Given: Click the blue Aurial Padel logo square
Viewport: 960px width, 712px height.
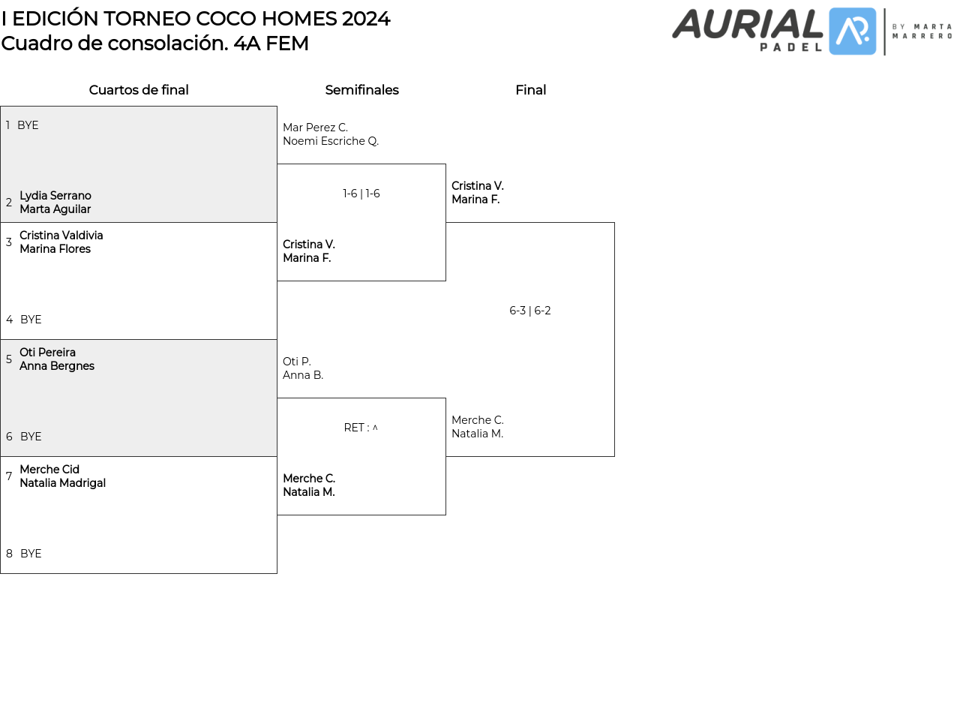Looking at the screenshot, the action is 852,32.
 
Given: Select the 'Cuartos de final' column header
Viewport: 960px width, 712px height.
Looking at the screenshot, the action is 139,89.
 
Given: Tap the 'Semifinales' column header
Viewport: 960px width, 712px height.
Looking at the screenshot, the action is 361,89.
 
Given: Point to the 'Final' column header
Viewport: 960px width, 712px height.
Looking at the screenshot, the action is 530,89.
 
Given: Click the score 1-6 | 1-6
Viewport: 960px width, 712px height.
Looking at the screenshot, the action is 361,194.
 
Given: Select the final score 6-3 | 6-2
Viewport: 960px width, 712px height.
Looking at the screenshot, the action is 529,311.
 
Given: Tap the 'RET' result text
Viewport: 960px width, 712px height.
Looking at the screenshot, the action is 353,428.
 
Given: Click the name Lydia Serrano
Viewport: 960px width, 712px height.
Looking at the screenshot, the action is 55,196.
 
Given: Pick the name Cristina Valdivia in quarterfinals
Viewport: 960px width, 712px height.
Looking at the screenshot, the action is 61,235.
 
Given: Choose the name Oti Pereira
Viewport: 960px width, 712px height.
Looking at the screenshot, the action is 47,352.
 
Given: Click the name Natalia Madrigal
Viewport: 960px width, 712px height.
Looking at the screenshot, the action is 62,483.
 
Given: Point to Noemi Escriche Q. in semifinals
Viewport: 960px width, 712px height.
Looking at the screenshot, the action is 331,141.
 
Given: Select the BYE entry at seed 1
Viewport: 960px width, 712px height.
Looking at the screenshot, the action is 28,125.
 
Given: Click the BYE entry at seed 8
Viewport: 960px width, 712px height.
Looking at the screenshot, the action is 31,554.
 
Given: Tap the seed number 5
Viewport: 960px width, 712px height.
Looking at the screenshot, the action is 9,359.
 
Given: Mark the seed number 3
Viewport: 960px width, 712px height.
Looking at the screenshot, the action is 9,242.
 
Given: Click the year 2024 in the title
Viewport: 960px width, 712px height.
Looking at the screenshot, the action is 366,19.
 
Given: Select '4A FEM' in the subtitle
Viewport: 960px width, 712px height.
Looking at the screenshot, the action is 271,44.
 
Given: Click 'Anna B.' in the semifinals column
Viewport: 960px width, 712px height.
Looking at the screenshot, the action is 303,375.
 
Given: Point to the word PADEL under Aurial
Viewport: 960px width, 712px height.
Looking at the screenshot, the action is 790,47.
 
